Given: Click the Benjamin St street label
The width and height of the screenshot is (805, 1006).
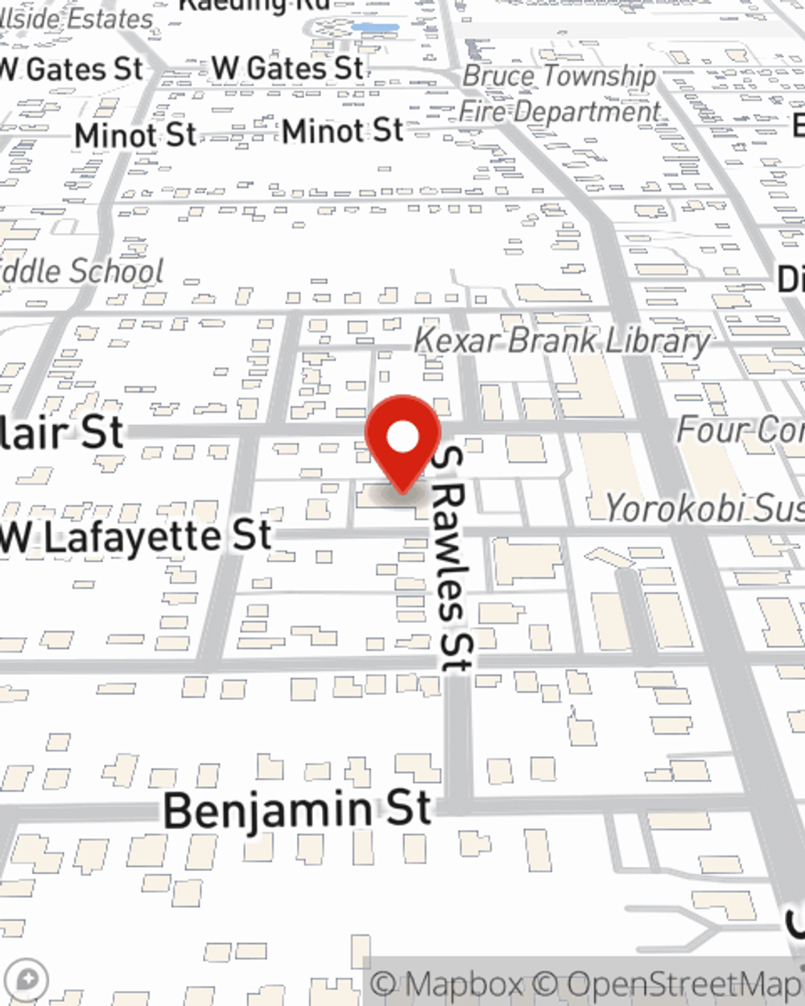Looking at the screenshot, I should coord(298,810).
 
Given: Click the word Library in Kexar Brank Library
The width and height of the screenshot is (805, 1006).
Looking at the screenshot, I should coord(658,341).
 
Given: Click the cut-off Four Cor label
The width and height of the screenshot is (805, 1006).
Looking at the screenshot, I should coord(740,430).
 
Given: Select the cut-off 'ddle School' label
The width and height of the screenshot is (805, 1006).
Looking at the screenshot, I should coord(80,271).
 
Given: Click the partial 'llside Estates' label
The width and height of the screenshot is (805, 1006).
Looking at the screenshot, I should coord(76,19).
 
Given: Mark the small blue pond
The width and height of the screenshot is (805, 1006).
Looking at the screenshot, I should coord(376,28).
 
